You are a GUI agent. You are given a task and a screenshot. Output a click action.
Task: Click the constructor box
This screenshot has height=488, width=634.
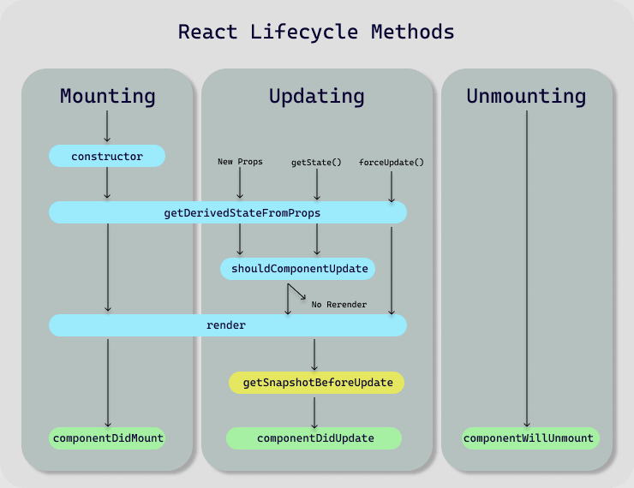pos(107,156)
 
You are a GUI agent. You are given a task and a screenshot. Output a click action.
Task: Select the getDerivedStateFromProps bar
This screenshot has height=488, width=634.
pos(227,212)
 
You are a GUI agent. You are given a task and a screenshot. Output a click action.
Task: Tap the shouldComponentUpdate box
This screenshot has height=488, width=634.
pos(299,269)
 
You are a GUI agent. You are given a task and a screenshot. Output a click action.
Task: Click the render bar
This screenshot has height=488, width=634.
pos(227,325)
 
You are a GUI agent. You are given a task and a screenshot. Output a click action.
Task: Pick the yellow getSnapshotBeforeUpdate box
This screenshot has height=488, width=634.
pos(316,383)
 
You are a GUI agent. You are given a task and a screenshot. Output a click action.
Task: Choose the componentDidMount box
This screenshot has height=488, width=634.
pos(107,438)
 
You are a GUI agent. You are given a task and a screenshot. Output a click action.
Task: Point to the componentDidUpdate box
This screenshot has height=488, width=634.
pos(314,438)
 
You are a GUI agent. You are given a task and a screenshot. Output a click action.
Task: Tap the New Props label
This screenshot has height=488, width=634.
pos(239,162)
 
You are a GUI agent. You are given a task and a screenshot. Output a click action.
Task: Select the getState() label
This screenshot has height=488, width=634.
pos(316,162)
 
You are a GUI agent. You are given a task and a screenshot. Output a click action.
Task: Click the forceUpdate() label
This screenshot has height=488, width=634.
pos(392,162)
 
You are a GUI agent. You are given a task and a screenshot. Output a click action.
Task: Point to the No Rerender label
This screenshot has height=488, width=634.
pos(339,305)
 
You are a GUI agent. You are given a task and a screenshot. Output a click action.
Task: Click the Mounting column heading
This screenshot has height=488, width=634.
pos(107,96)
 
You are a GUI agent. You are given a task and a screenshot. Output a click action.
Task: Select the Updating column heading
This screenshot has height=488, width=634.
pos(316,96)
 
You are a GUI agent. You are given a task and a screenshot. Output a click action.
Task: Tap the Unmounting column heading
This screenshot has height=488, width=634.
pos(526,96)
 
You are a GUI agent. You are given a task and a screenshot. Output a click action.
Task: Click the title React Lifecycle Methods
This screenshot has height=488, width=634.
pos(316,33)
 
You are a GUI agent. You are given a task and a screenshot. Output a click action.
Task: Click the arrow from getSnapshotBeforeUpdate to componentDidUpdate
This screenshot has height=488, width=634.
pos(314,410)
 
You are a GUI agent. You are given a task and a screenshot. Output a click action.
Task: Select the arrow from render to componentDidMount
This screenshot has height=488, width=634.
pos(107,381)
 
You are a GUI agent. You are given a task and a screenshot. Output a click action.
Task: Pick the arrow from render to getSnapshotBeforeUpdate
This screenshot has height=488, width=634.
pos(314,354)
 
